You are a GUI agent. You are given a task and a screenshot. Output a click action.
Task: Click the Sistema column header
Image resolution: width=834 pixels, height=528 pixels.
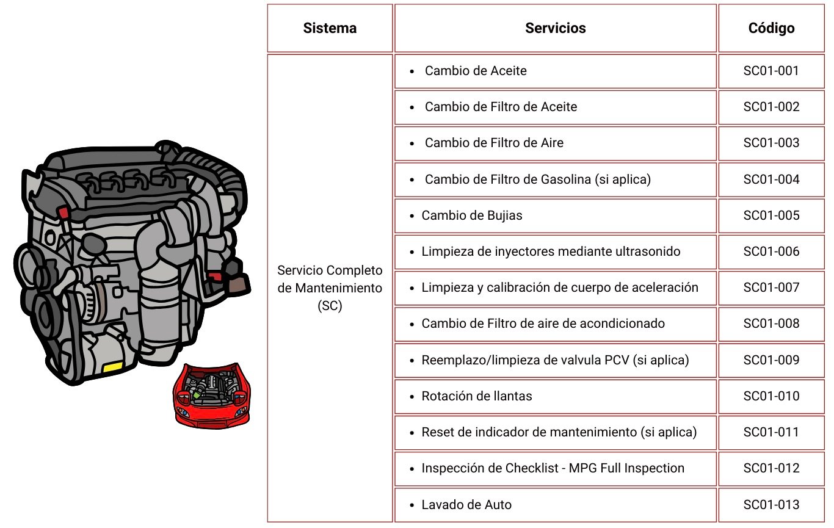(330, 28)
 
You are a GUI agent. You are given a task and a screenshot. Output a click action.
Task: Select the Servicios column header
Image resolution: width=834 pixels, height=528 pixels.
(555, 28)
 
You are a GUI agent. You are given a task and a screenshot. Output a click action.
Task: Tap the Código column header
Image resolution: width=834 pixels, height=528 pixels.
(771, 28)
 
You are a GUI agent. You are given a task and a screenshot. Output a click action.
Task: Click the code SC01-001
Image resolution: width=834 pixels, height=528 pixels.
(771, 71)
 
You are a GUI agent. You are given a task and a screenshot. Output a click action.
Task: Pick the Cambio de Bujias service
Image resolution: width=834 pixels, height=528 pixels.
(472, 215)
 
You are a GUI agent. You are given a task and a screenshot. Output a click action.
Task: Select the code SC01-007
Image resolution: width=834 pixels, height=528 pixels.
(771, 288)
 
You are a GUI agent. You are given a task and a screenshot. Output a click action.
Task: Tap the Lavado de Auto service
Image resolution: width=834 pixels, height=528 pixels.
(466, 505)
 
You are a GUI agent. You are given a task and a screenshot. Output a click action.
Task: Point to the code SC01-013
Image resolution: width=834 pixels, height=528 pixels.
(771, 505)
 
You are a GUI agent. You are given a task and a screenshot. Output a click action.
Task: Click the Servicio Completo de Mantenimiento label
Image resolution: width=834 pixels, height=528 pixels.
(330, 288)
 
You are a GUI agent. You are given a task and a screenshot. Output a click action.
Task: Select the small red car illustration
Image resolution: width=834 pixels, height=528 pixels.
(211, 395)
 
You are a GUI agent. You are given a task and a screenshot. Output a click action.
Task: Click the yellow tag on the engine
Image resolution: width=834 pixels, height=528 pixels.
(113, 367)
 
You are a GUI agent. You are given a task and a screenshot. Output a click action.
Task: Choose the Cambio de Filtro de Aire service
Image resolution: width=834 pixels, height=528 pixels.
(494, 143)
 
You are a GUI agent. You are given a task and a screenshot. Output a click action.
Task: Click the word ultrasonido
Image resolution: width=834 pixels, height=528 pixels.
(645, 251)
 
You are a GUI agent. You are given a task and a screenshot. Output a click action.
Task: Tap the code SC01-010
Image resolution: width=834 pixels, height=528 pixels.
(771, 396)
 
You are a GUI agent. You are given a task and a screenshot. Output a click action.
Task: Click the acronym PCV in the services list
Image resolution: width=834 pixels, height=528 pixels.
(617, 360)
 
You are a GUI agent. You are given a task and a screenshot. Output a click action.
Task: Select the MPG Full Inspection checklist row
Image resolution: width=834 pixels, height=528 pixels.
(553, 468)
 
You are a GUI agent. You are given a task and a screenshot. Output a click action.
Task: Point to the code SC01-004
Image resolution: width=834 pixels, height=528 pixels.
(771, 179)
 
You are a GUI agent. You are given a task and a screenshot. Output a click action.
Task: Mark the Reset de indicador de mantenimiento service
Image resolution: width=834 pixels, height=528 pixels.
(559, 432)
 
